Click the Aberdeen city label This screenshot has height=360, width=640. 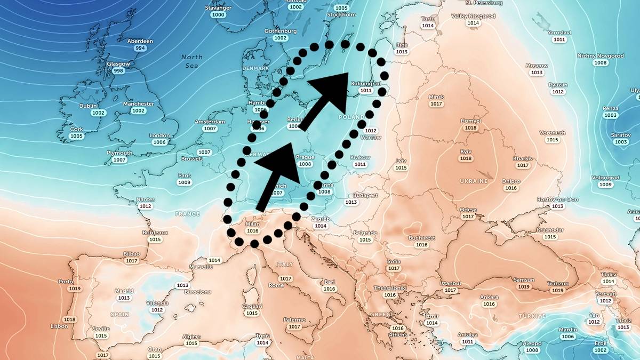(x=140, y=41)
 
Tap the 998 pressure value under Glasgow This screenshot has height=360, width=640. (x=118, y=71)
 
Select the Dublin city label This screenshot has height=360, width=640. (x=88, y=106)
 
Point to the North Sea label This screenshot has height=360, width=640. (x=191, y=61)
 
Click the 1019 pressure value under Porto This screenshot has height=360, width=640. (x=75, y=289)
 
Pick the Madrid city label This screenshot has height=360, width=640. (x=124, y=291)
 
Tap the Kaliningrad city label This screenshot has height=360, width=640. (x=366, y=84)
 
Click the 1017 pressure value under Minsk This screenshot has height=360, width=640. (x=436, y=104)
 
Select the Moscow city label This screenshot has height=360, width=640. (x=537, y=66)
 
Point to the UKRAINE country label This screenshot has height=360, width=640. (x=474, y=181)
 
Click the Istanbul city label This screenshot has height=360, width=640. (x=451, y=283)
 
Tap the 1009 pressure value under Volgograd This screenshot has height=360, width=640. (x=605, y=185)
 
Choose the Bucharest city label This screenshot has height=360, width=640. (x=422, y=238)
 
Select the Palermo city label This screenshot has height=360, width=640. (x=294, y=319)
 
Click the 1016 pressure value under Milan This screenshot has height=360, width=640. (x=253, y=231)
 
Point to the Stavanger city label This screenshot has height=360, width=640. (x=218, y=8)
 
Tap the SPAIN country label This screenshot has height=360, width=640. (x=120, y=314)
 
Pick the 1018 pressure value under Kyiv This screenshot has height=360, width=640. (x=466, y=158)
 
